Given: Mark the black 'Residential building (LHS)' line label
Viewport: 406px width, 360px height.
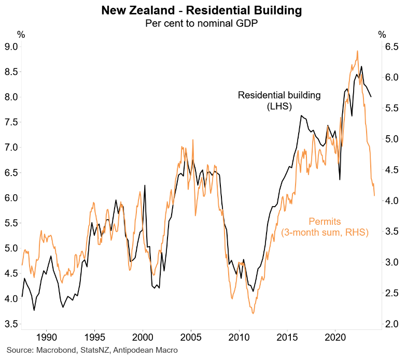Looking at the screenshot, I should [x=279, y=101].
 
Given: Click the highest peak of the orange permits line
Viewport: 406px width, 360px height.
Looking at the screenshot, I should [x=357, y=51].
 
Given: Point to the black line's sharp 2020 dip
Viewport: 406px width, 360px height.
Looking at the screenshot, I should [x=340, y=179].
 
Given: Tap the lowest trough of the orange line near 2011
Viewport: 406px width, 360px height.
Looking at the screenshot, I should [x=253, y=313].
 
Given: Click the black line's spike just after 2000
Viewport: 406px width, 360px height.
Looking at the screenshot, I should [x=145, y=185].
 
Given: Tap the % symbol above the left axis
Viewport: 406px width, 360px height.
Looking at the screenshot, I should [x=21, y=35].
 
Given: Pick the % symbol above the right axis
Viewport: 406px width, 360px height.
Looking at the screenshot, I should [x=382, y=35].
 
